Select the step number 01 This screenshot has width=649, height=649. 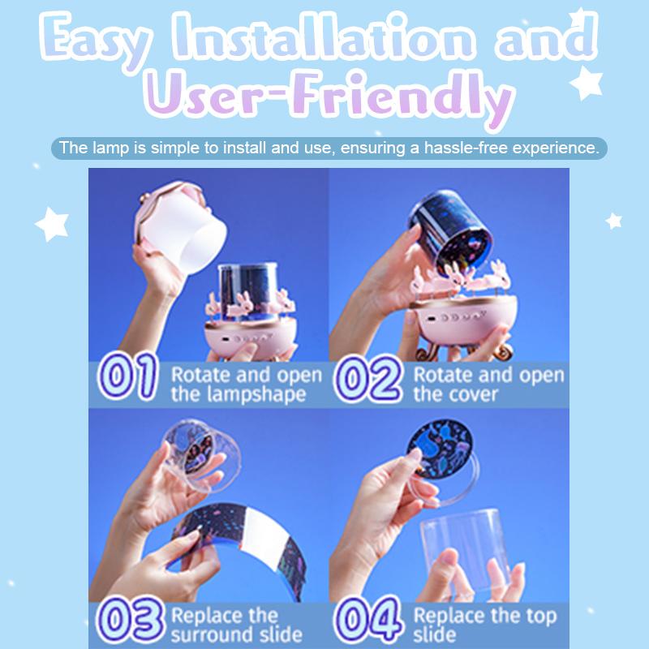coord(127,377)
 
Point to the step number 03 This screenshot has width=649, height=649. coord(130,619)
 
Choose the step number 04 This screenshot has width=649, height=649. coord(368,619)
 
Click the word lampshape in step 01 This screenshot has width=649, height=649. coord(256,394)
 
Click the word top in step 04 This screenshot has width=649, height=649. coord(541,617)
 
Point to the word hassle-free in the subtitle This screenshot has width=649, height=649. coord(466,148)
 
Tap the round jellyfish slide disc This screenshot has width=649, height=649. coord(440,449)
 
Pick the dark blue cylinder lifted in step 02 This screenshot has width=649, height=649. coord(450,231)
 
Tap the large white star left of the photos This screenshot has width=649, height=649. coord(52,224)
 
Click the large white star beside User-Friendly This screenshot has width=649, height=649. coord(587,83)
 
